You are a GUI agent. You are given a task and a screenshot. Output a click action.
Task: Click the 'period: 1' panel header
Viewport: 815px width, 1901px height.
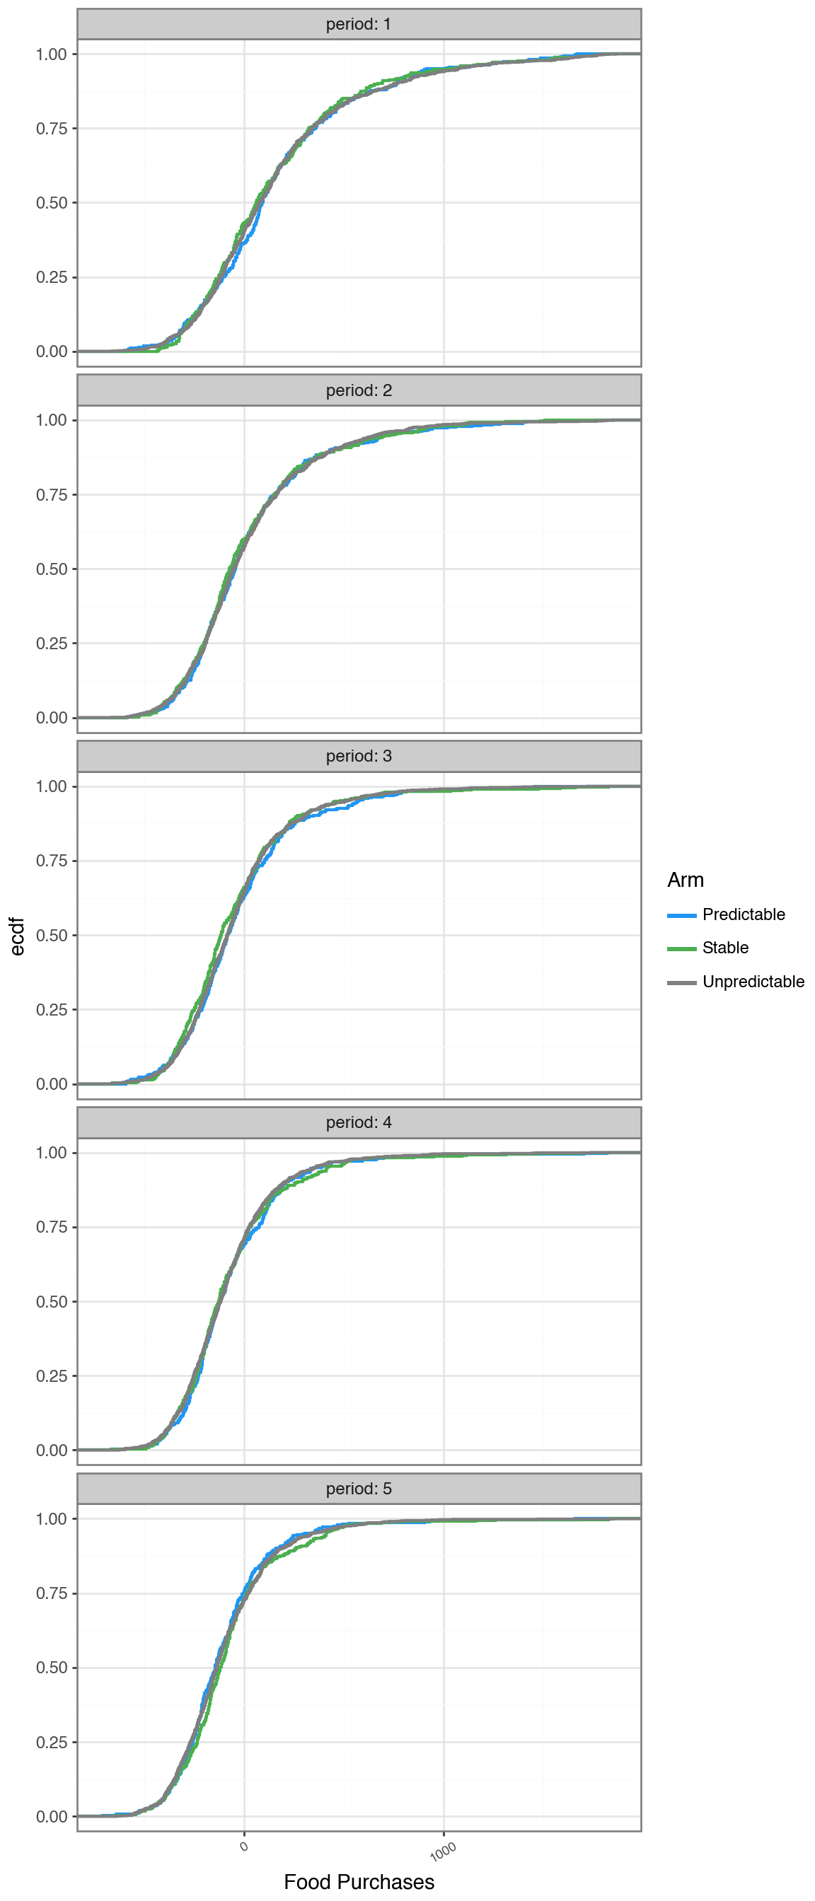(359, 24)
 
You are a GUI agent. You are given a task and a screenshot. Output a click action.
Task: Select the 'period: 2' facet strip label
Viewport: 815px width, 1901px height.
(359, 390)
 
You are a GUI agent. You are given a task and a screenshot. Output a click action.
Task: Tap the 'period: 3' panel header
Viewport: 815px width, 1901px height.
(359, 757)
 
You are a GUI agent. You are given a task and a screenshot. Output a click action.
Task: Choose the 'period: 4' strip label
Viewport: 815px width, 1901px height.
(359, 1122)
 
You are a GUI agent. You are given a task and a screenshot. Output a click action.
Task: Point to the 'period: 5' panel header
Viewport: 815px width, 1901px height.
(359, 1489)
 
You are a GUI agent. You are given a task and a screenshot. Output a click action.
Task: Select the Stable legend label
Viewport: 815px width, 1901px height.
(725, 948)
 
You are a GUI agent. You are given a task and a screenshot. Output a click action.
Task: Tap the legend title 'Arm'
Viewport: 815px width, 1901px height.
(685, 880)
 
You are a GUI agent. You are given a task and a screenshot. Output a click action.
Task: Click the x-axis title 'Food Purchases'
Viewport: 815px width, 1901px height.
(359, 1883)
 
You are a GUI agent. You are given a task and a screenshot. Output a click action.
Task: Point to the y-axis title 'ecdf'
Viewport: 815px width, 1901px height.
(18, 936)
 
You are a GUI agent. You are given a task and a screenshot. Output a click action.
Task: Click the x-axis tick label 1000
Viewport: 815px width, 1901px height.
(443, 1851)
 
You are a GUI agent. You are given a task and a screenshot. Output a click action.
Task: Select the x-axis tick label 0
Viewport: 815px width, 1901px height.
(244, 1847)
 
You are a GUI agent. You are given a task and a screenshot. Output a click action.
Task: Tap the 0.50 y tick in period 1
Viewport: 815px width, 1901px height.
(52, 203)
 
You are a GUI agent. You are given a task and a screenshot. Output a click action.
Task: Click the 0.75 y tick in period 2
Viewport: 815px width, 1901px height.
(52, 495)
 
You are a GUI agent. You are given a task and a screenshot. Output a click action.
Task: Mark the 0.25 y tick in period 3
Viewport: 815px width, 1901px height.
(52, 1009)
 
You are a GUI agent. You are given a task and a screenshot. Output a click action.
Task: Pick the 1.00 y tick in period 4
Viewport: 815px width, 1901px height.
(52, 1153)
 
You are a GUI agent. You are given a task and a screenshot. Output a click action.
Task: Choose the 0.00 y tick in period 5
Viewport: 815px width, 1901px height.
(52, 1817)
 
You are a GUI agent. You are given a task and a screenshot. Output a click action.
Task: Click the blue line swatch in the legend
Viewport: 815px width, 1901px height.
(681, 915)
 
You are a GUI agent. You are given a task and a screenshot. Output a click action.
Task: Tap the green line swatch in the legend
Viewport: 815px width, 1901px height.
(681, 948)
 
